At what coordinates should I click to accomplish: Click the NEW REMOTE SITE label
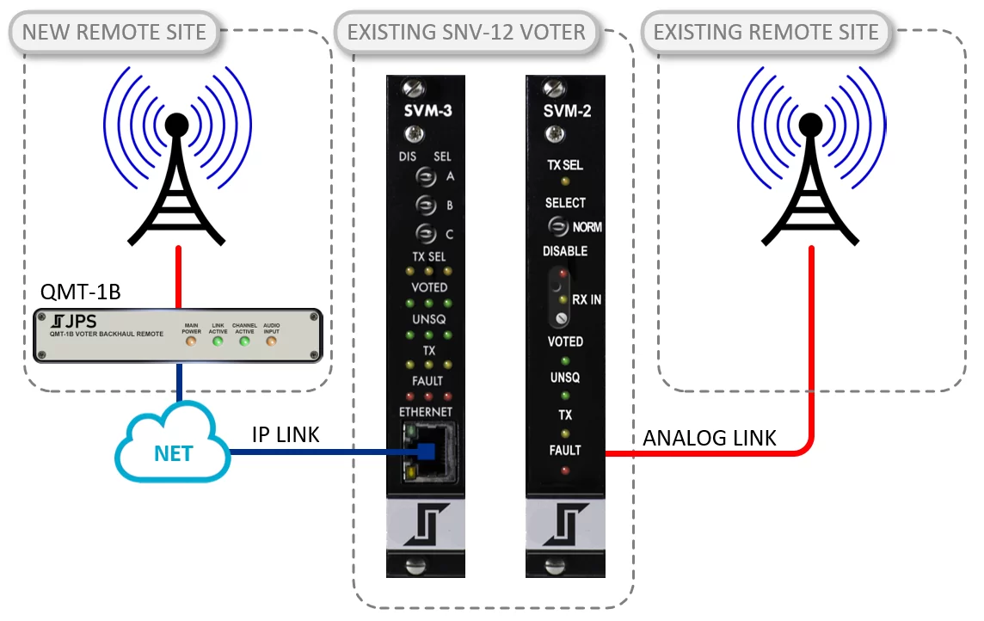(114, 33)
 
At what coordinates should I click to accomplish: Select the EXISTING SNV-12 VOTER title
(465, 33)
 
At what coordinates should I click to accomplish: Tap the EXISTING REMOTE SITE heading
(766, 33)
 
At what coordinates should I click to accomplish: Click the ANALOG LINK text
(710, 439)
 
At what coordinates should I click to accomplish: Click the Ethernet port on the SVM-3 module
(424, 451)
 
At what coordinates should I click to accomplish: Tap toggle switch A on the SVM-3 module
(423, 176)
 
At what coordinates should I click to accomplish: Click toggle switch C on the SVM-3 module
(423, 232)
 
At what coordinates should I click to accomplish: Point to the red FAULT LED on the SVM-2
(564, 470)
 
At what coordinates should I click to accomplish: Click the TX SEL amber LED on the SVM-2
(564, 181)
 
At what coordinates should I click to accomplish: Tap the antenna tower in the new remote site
(177, 172)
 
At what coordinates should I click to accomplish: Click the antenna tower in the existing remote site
(809, 172)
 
